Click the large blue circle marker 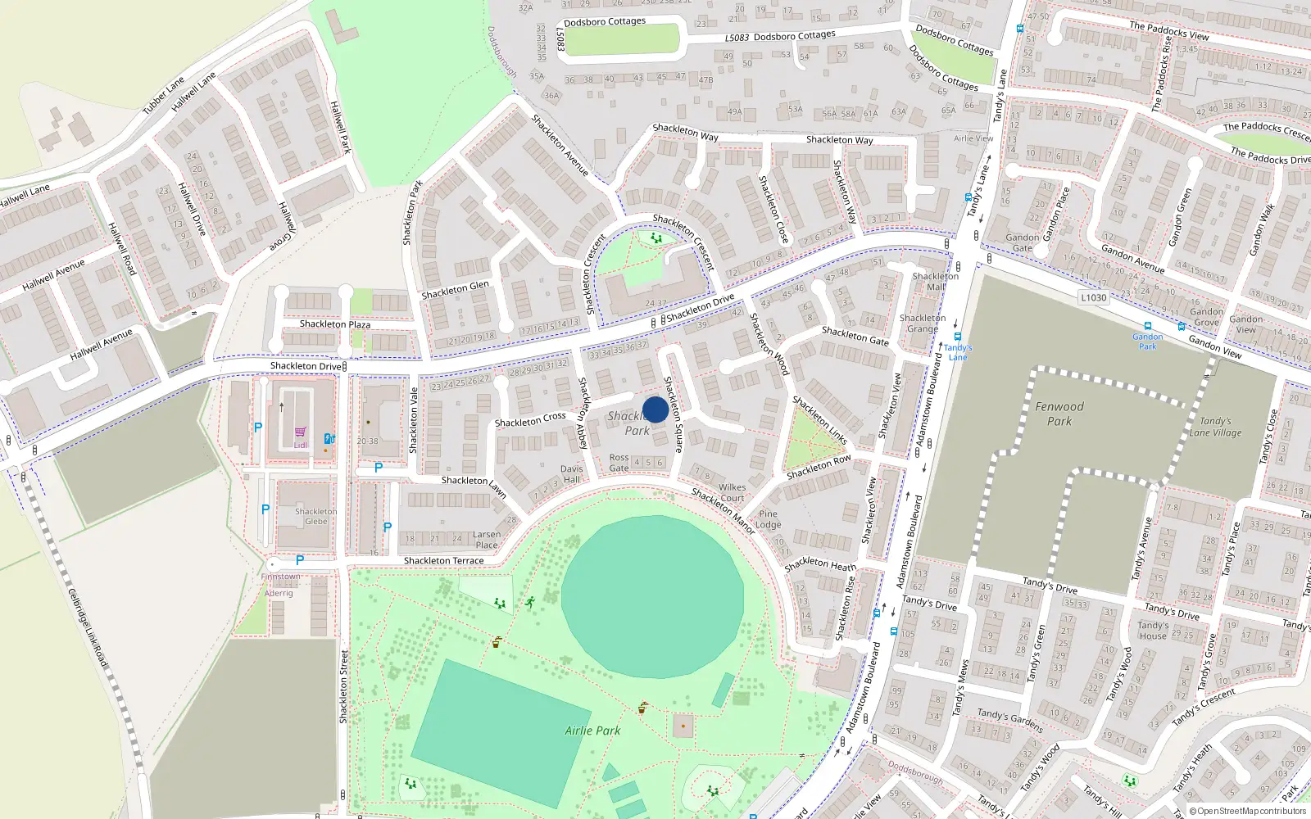pos(655,409)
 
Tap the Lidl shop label pos(301,445)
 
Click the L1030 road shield pos(1093,297)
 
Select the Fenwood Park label pos(1059,414)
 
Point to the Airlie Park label pos(592,731)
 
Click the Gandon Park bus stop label pos(1147,342)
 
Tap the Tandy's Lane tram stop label pos(957,352)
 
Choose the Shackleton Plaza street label pos(334,324)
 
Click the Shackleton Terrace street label pos(443,561)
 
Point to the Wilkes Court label pos(732,492)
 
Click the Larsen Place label pos(486,540)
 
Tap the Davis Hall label pos(571,474)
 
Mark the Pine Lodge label pos(768,519)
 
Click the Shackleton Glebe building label pos(315,516)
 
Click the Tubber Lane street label pos(164,96)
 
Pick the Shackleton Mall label pos(935,282)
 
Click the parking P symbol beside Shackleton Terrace pos(300,560)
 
